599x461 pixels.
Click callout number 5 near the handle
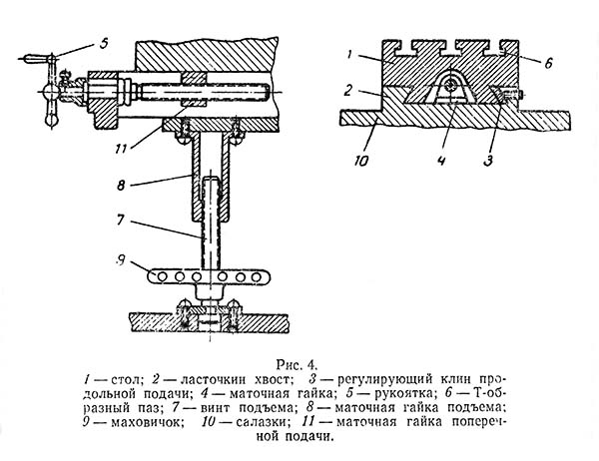pyautogui.click(x=104, y=42)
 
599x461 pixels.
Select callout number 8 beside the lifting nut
pyautogui.click(x=121, y=185)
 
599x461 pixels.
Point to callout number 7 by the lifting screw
pyautogui.click(x=121, y=220)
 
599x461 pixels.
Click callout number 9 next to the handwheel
pyautogui.click(x=121, y=260)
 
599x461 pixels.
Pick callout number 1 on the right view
pyautogui.click(x=349, y=55)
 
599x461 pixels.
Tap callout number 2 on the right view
pyautogui.click(x=347, y=91)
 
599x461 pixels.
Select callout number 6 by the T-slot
pyautogui.click(x=548, y=62)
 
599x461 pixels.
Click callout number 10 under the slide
pyautogui.click(x=361, y=161)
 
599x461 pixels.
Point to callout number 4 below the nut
pyautogui.click(x=441, y=161)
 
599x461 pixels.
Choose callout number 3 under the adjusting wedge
pyautogui.click(x=488, y=161)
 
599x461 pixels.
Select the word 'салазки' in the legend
pyautogui.click(x=261, y=422)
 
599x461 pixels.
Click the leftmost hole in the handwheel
pyautogui.click(x=162, y=276)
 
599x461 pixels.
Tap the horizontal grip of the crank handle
pyautogui.click(x=36, y=59)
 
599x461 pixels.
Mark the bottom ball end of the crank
pyautogui.click(x=51, y=121)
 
